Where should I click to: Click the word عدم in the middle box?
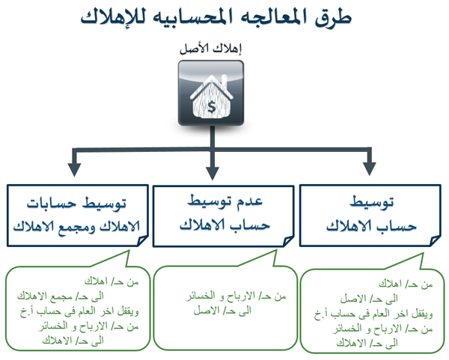[250, 201]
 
